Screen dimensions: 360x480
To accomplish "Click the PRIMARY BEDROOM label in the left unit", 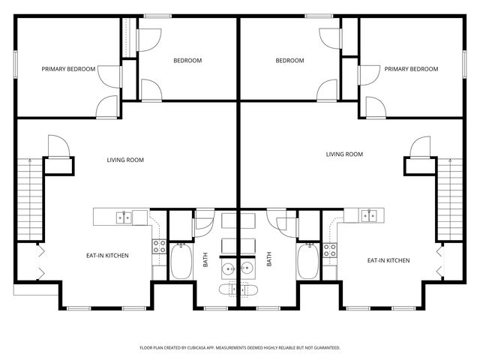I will tap(68, 69).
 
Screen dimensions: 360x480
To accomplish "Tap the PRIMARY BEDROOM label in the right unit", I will tap(411, 69).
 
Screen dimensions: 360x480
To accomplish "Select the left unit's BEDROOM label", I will tap(187, 61).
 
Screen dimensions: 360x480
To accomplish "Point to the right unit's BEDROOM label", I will tap(289, 61).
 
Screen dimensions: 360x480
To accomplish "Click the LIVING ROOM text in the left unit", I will tap(125, 160).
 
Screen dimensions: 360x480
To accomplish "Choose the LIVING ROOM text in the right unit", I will tap(344, 154).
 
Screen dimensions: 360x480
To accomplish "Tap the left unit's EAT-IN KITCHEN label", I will tap(107, 256).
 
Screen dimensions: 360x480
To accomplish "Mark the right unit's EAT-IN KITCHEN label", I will tap(388, 260).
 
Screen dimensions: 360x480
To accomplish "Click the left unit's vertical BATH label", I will tap(205, 259).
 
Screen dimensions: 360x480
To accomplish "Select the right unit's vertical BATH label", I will tap(269, 259).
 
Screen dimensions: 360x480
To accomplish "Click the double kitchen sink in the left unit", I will tap(124, 217).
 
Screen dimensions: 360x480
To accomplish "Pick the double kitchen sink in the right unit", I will tap(368, 217).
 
